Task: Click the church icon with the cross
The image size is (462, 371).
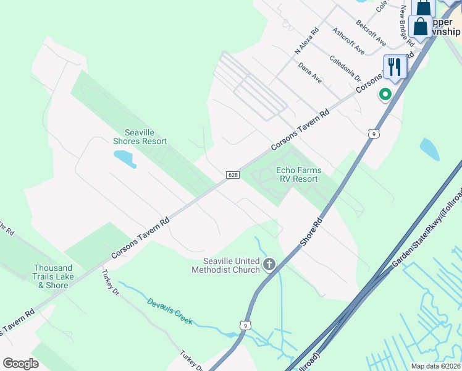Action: [269, 265]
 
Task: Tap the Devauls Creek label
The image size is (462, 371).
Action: [170, 312]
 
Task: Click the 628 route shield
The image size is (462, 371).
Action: [232, 176]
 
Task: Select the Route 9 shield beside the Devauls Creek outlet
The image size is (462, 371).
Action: [246, 325]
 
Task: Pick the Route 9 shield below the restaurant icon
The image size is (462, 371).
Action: [372, 132]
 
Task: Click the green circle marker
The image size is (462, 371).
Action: [385, 95]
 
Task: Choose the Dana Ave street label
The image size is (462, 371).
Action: [310, 73]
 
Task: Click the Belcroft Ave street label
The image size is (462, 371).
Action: [371, 33]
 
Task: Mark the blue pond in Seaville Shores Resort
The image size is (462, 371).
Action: [125, 158]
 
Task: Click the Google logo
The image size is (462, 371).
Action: [20, 364]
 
